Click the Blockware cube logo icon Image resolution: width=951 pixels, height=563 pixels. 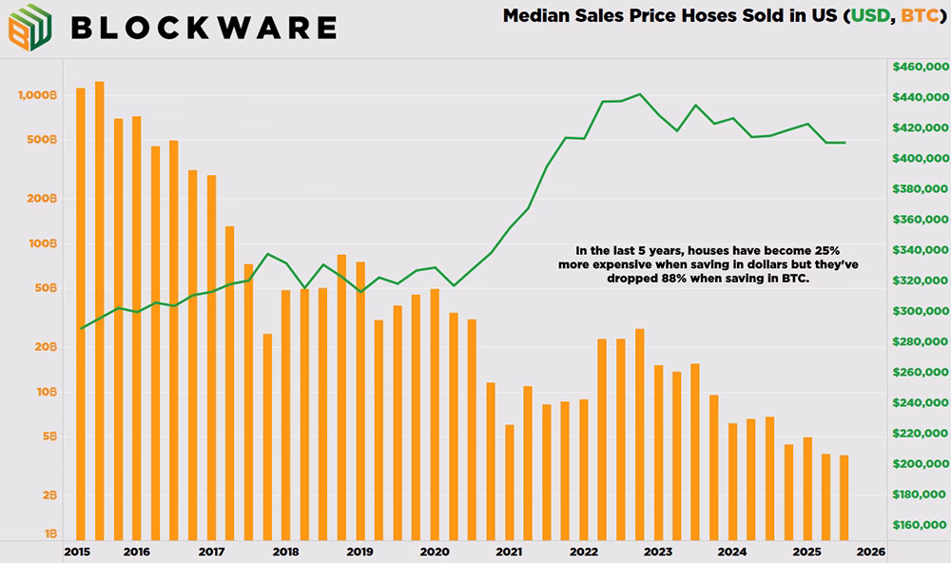[x=29, y=27]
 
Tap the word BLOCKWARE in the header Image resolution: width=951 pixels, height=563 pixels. [x=204, y=28]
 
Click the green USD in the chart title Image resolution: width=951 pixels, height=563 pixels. [x=870, y=15]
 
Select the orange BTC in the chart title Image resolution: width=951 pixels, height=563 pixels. [x=920, y=15]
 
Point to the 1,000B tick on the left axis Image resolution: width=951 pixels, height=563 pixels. [x=38, y=95]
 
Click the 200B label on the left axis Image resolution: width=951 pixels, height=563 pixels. [x=42, y=199]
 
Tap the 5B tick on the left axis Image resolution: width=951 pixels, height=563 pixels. [x=49, y=437]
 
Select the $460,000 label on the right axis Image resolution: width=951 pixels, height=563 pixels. [x=920, y=67]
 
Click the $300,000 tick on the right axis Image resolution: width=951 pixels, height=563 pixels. [x=920, y=311]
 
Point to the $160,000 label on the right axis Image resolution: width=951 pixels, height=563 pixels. [x=920, y=525]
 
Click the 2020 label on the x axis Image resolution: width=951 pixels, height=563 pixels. [x=435, y=553]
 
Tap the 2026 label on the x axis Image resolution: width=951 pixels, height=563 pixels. [x=870, y=553]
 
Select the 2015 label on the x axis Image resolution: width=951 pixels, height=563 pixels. [x=77, y=553]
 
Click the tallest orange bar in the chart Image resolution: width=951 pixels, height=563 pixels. [x=100, y=311]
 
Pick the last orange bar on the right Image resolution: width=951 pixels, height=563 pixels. [x=844, y=497]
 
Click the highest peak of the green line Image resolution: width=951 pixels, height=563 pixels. [x=640, y=94]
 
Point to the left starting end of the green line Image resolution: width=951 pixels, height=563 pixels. [x=81, y=328]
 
